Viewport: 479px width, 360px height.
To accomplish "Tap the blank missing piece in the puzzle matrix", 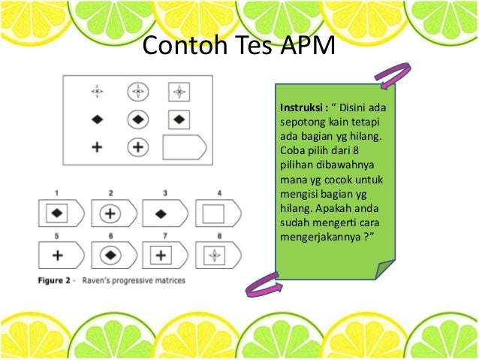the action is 183,147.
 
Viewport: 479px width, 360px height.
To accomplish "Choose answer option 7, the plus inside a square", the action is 161,256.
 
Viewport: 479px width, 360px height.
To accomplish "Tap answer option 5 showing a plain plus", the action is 57,256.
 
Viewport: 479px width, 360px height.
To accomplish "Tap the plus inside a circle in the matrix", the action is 137,147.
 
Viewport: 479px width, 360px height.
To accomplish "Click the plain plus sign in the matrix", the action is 97,147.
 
